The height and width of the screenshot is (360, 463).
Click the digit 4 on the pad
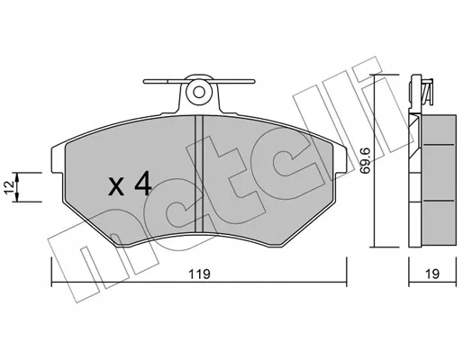(x=142, y=184)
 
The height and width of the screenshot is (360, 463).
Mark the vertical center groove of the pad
(x=200, y=171)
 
